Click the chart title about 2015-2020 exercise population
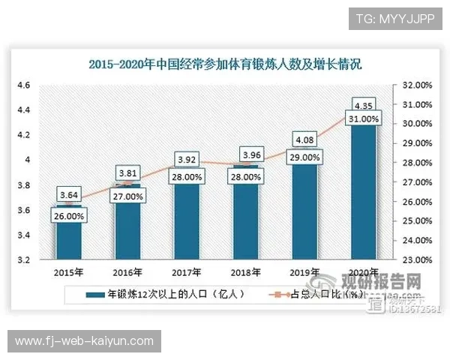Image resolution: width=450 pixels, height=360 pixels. pos(225,64)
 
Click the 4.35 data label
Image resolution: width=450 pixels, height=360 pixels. pos(364,104)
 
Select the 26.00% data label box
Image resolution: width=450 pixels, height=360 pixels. pos(69,216)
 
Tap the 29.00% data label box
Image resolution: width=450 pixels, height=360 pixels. pos(305,157)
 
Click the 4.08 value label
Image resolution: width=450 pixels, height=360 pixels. pos(305,139)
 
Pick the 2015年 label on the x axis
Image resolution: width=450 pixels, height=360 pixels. pos(69,273)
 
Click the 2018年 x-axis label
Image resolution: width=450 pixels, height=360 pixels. pos(246,273)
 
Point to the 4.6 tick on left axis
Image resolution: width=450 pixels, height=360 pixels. pos(23,85)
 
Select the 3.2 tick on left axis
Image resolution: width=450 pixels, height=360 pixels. pos(23,260)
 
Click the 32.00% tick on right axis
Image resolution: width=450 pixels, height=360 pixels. pos(417,85)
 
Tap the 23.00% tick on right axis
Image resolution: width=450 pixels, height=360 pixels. pos(417,260)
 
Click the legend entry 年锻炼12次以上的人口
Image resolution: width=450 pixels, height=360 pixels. pos(166,294)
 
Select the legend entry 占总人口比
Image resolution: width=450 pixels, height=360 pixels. pos(322,294)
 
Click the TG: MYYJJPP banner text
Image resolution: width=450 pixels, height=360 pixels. pos(394,17)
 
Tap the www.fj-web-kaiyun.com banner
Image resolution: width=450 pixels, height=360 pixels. pos(83,341)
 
